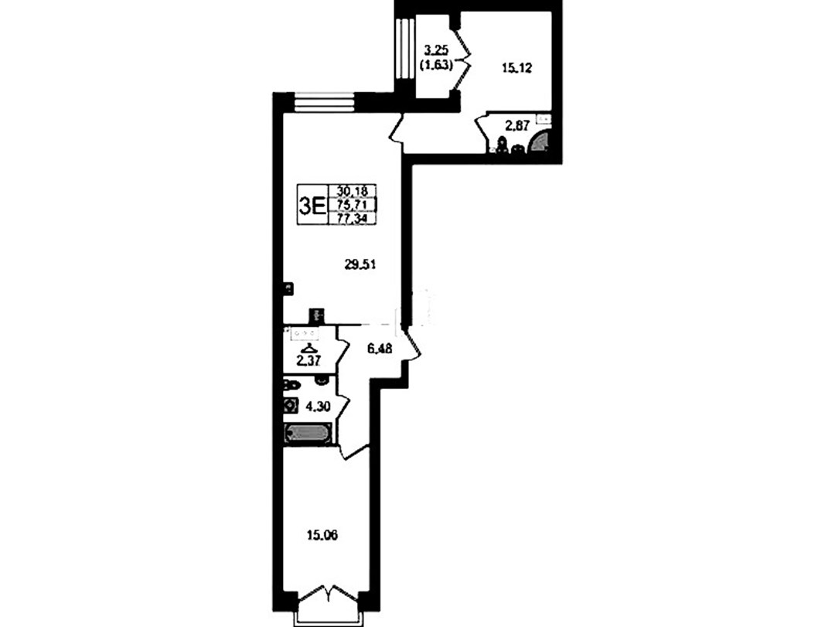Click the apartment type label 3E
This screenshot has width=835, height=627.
coord(312,205)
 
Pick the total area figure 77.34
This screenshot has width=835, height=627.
coord(353,219)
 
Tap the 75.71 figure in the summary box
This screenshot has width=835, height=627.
coord(353,205)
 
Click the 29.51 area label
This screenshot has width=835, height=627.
coord(360,264)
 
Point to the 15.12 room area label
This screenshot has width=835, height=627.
coord(517,68)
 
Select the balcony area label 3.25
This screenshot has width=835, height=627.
coord(436,52)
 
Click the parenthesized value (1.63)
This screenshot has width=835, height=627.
coord(436,66)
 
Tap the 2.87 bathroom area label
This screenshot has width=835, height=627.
coord(517,126)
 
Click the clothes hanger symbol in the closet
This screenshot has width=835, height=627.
coord(307,349)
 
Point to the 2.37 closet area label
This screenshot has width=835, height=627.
coord(308,361)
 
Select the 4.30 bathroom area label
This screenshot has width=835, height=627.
coord(318,407)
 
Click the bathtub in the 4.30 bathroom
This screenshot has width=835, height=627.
coord(308,433)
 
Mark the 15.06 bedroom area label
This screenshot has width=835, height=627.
coord(322,535)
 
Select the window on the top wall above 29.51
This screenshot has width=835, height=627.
coord(325,102)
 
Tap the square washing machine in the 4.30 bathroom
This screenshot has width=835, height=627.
coord(291,406)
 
